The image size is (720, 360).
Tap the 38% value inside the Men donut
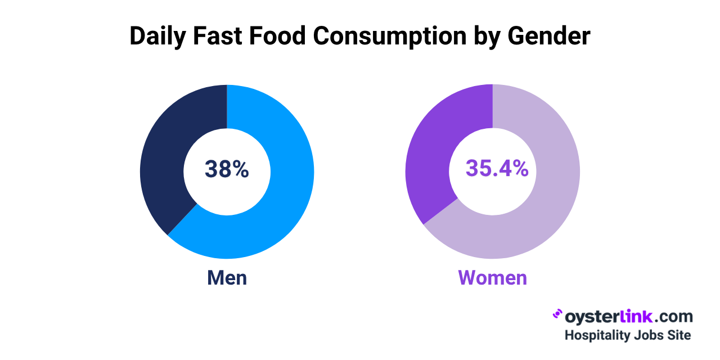pos(227,169)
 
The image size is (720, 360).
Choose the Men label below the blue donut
pos(227,278)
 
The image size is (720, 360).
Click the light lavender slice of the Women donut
pos(540,202)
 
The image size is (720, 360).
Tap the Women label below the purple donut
pos(493,278)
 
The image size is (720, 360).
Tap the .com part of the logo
pos(672,317)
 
